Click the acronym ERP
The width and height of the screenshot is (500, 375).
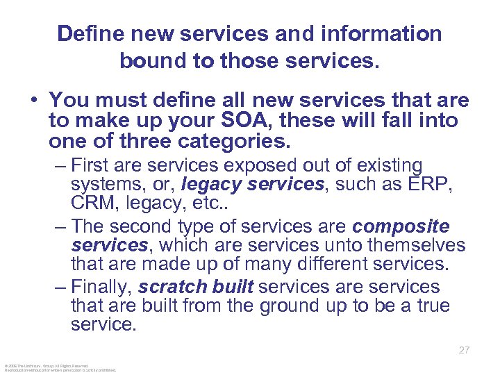(x=425, y=186)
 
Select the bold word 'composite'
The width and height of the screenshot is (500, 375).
(x=401, y=227)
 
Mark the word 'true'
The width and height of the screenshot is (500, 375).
(x=431, y=306)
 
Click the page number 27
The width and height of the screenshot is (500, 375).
(x=464, y=351)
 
